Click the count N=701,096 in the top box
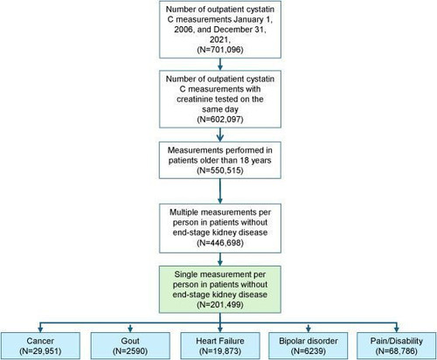point(220,50)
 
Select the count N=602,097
point(220,120)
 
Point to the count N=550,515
point(220,170)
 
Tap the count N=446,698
point(220,243)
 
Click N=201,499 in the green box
point(220,305)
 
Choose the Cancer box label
point(40,341)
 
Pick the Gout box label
point(130,341)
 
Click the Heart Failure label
point(220,341)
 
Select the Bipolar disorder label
point(309,341)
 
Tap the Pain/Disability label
point(397,341)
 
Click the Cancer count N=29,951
point(40,351)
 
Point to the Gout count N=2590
point(130,351)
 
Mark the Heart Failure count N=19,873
point(220,351)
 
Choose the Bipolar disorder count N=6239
point(309,351)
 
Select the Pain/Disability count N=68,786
point(397,351)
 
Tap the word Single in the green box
point(186,274)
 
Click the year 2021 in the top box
point(219,39)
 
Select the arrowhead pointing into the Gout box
point(130,329)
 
